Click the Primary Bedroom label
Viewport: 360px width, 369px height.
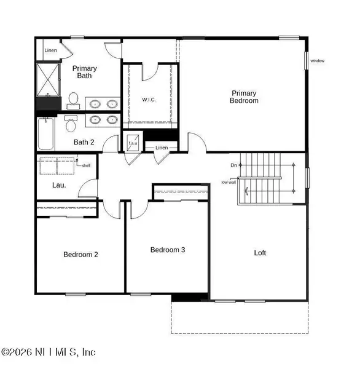pyautogui.click(x=244, y=97)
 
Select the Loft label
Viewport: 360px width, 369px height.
pyautogui.click(x=260, y=253)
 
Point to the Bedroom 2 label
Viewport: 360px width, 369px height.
pyautogui.click(x=81, y=255)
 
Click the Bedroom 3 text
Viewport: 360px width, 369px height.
pyautogui.click(x=168, y=250)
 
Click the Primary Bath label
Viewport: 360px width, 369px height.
pyautogui.click(x=84, y=72)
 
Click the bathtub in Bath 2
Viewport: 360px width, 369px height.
pyautogui.click(x=46, y=135)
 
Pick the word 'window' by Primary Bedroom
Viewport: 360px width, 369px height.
pyautogui.click(x=318, y=61)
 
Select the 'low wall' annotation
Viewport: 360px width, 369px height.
pyautogui.click(x=229, y=181)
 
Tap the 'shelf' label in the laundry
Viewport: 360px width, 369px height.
pyautogui.click(x=85, y=165)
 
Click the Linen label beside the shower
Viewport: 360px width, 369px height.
pyautogui.click(x=50, y=50)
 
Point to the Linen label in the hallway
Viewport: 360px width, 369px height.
pyautogui.click(x=161, y=148)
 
